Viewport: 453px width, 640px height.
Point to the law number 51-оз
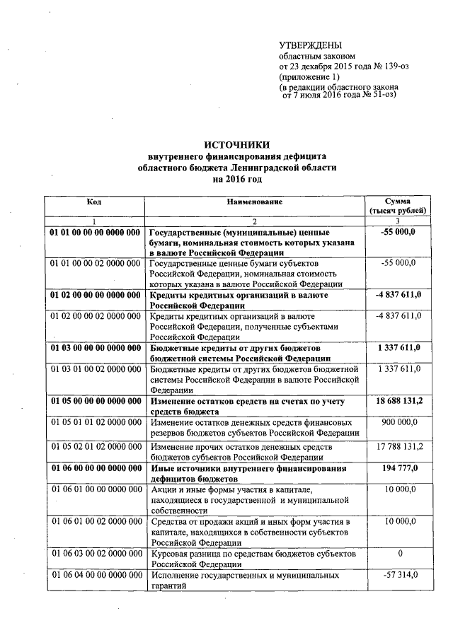pos(379,93)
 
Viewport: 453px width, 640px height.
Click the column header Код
pos(94,202)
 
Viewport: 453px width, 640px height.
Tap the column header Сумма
pos(398,202)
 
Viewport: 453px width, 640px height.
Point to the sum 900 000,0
pos(400,422)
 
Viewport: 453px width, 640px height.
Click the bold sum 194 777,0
pos(400,469)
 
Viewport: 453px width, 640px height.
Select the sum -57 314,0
pos(400,576)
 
